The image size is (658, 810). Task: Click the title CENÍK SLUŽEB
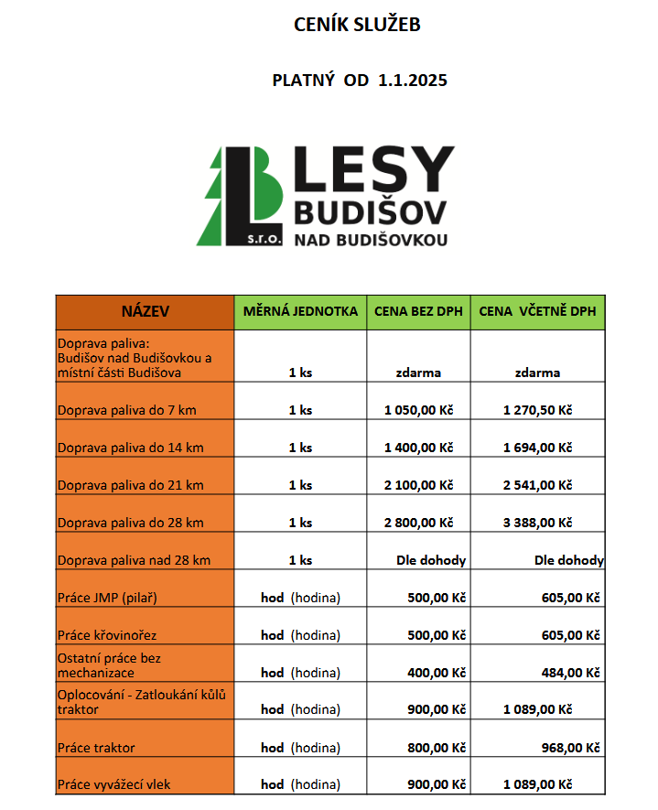357,26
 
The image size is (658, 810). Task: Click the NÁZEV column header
145,312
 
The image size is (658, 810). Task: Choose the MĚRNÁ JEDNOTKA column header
300,312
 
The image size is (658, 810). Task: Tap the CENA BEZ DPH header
418,312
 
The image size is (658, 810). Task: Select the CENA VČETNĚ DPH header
537,312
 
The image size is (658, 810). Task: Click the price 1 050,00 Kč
418,410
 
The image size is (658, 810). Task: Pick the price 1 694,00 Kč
537,448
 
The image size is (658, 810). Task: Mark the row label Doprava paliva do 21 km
131,485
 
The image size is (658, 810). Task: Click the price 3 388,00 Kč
537,523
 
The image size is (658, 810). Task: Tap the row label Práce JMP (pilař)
108,598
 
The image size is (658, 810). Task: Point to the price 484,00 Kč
568,673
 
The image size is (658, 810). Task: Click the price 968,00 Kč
568,748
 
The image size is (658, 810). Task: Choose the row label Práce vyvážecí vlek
114,784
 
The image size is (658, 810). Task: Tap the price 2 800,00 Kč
418,523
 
